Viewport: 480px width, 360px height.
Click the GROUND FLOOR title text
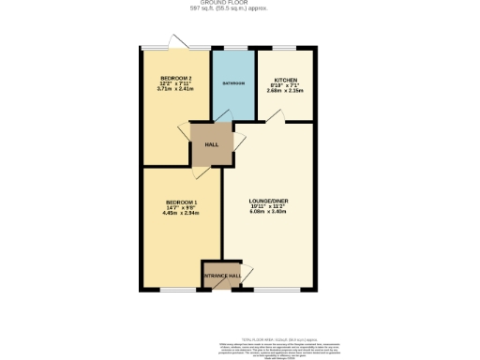click(x=239, y=4)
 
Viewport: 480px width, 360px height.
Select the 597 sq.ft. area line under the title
click(x=239, y=10)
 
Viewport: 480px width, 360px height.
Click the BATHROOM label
click(x=233, y=83)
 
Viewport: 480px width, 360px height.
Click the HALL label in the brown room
click(x=213, y=145)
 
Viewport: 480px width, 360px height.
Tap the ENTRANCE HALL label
click(x=221, y=276)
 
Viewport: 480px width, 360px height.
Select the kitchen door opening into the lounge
click(x=273, y=115)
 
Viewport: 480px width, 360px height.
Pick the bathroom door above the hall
click(x=225, y=118)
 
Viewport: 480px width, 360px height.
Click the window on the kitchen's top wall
click(x=284, y=48)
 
